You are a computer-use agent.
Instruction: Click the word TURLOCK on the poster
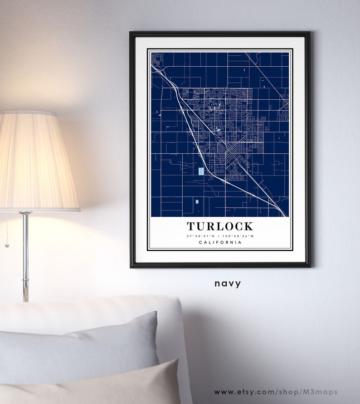(220, 226)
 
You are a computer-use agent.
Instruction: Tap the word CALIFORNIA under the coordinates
(220, 243)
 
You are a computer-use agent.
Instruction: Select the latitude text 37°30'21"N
(199, 236)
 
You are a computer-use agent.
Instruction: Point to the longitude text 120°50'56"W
(240, 236)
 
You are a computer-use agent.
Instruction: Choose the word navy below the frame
(228, 283)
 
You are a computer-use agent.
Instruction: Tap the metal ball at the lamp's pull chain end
(7, 245)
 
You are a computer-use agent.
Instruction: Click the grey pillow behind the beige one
(82, 345)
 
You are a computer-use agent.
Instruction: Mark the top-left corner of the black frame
(131, 33)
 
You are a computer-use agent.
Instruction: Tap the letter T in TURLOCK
(191, 226)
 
